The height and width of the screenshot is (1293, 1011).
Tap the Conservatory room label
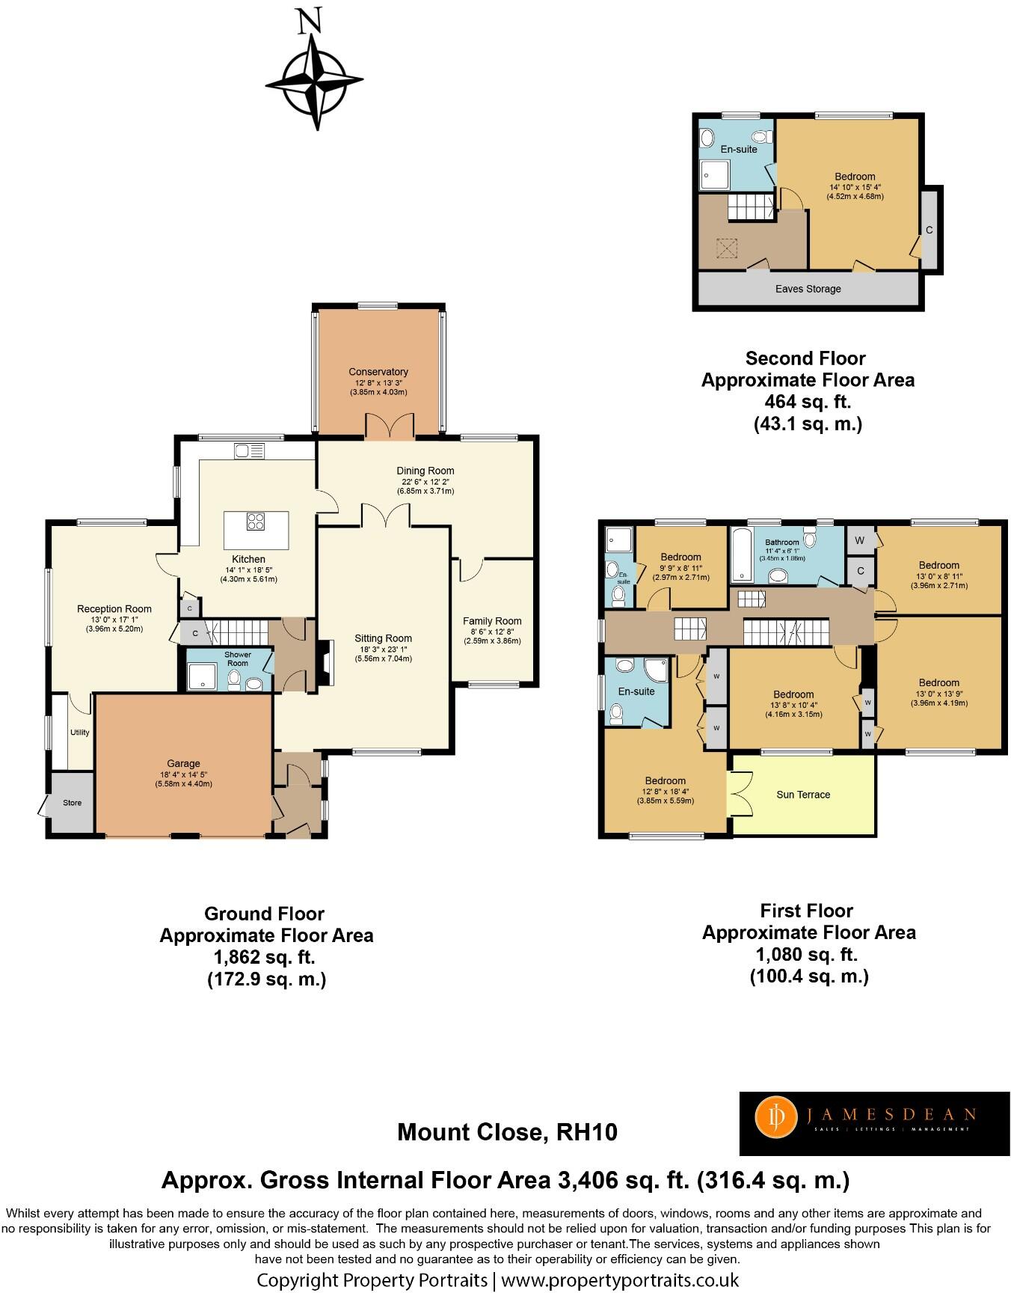click(x=378, y=372)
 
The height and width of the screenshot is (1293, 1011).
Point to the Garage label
click(x=183, y=764)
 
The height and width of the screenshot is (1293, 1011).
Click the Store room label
click(x=72, y=803)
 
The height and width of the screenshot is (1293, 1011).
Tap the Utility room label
click(x=79, y=733)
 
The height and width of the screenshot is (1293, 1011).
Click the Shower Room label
click(x=238, y=658)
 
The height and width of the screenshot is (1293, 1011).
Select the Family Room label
click(x=492, y=621)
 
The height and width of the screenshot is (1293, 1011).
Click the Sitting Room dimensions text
click(x=384, y=654)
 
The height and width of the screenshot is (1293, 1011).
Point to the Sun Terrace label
click(x=803, y=795)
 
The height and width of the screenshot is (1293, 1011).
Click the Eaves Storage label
click(x=808, y=289)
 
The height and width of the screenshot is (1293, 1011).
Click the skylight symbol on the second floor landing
click(x=725, y=247)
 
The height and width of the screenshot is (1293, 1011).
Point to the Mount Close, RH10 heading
click(x=507, y=1132)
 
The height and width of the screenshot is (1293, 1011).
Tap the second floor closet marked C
click(x=929, y=230)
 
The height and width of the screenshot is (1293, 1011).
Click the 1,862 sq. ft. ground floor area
click(x=265, y=957)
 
